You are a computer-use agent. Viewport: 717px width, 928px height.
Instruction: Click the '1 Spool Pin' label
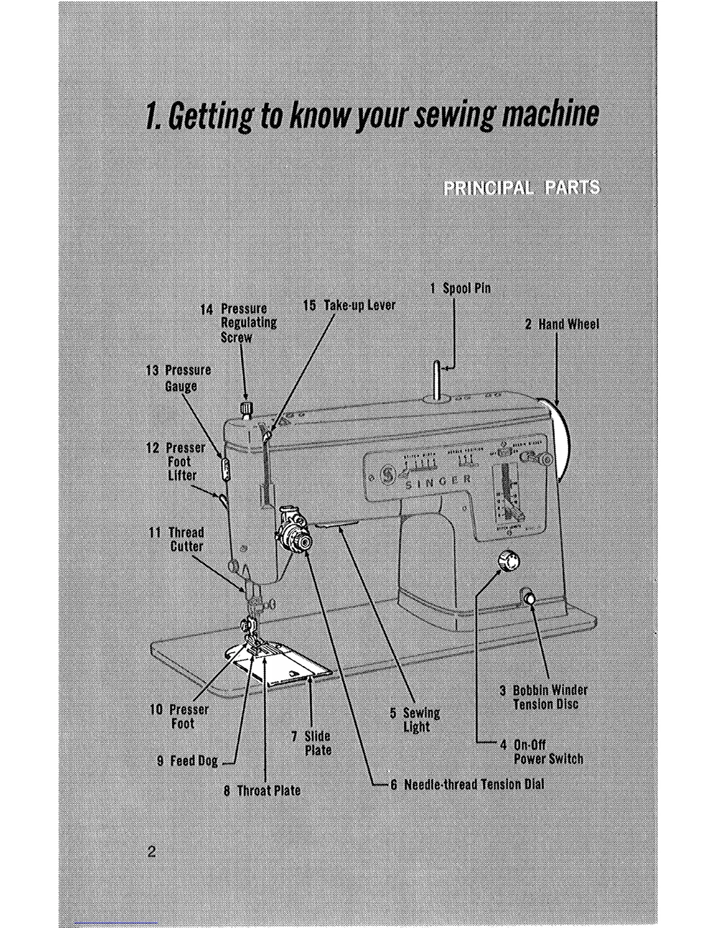[460, 288]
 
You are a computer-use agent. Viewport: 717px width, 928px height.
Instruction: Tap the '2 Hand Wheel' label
[562, 324]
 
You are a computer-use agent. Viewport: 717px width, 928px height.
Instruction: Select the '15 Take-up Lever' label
[349, 305]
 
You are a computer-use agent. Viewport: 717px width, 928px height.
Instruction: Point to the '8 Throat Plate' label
[262, 790]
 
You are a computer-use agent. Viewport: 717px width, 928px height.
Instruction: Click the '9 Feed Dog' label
[187, 760]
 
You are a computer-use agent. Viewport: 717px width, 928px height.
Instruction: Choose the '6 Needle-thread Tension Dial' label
[467, 784]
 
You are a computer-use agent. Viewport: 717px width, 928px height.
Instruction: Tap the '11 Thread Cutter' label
[177, 540]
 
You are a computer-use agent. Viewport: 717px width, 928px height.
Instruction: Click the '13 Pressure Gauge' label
[179, 378]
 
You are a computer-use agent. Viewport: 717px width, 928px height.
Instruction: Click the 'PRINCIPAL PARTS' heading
[521, 187]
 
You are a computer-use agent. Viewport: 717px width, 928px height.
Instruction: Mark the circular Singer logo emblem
[387, 474]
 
